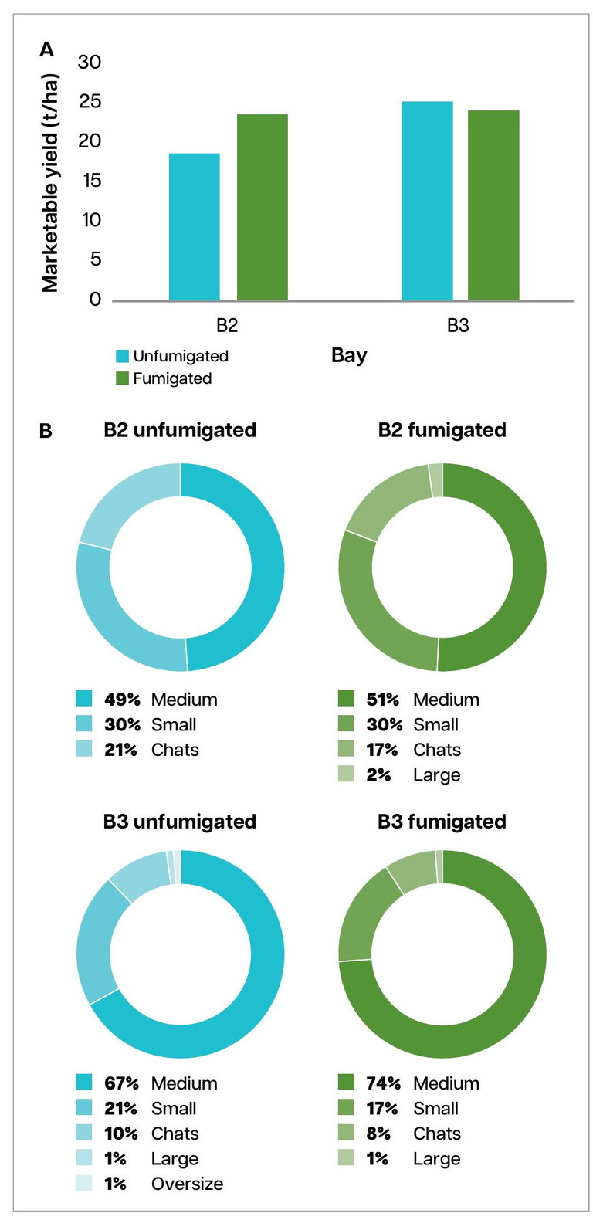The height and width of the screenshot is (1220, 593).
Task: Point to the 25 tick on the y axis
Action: coord(90,102)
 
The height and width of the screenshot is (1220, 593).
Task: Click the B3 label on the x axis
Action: coord(458,326)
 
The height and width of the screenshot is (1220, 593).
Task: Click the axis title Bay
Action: coord(349,355)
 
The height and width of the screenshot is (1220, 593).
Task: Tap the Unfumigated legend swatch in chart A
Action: coord(122,356)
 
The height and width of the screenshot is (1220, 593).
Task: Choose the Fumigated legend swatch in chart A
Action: coord(122,378)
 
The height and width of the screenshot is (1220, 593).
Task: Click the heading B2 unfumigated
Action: coord(180,430)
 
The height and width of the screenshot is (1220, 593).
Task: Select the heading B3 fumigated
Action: coord(442,822)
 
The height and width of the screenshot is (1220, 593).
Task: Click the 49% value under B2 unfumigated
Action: coord(122,700)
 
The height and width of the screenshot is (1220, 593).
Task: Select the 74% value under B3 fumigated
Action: coord(383,1083)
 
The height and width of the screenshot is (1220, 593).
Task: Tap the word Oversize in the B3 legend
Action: coord(187,1184)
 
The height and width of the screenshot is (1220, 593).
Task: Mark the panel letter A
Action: coord(47,50)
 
